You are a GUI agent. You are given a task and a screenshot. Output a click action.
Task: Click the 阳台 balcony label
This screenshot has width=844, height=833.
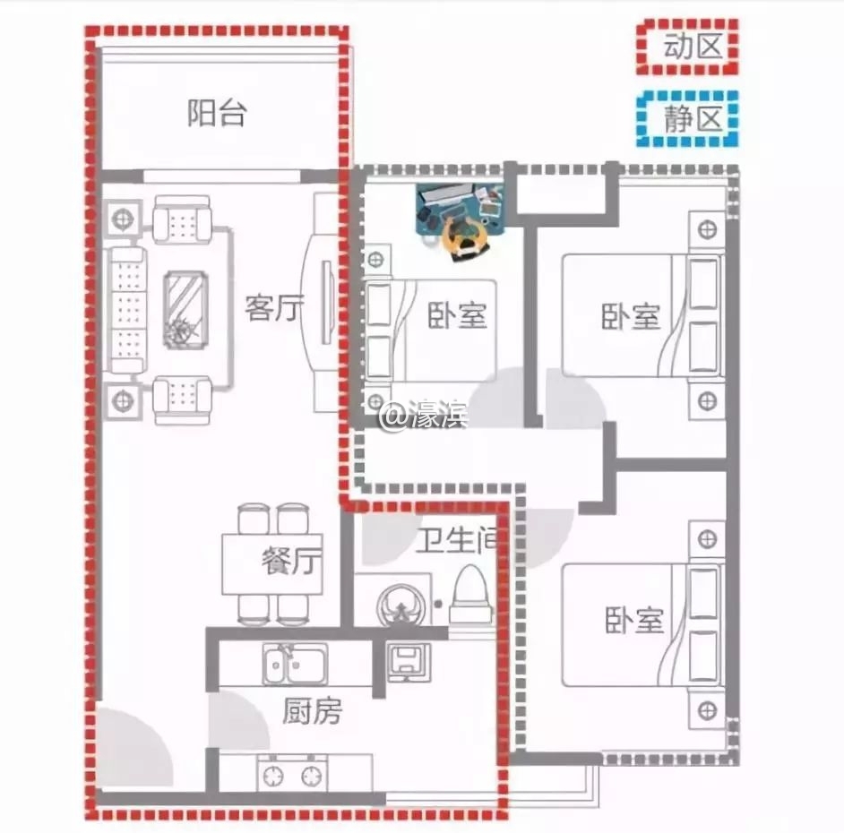tap(217, 113)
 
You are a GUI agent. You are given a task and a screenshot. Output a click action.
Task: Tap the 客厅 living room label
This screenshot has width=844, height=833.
tap(274, 308)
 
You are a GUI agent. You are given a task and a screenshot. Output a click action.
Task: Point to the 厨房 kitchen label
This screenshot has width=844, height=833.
tap(312, 710)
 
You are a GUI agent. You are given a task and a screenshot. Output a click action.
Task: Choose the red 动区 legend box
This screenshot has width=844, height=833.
tap(687, 47)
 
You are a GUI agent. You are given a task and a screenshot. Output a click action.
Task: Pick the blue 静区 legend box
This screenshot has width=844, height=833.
tap(687, 119)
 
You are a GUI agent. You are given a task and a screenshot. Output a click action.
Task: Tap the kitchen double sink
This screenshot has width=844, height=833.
tap(295, 664)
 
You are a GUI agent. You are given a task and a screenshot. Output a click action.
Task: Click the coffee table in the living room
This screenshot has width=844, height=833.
tap(185, 309)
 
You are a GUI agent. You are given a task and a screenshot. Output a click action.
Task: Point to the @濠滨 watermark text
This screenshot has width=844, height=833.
tap(424, 416)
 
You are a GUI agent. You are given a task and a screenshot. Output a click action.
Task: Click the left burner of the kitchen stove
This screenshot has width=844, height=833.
tap(273, 776)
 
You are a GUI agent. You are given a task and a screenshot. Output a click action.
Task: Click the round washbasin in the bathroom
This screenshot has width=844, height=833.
tap(401, 605)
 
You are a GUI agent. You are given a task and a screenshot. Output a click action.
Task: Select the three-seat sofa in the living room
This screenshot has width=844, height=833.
tap(127, 309)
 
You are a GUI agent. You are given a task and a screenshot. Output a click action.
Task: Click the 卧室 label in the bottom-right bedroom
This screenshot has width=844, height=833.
tap(634, 620)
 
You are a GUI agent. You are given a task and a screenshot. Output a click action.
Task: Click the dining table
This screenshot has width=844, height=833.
tap(272, 564)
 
